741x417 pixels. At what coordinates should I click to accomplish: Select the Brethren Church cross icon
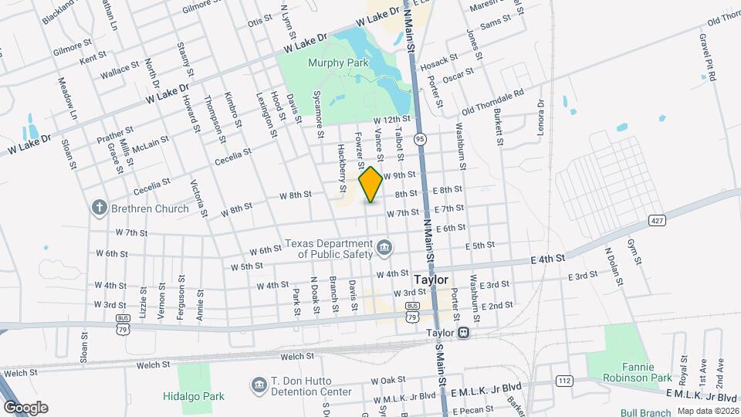click(x=99, y=208)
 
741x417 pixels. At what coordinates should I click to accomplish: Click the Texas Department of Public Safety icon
click(x=384, y=249)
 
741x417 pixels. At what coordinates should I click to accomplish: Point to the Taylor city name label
click(x=431, y=280)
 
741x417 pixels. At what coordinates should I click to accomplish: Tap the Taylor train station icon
click(x=463, y=334)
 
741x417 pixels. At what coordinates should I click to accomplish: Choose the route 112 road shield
click(x=563, y=381)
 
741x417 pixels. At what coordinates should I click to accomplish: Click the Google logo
click(x=25, y=407)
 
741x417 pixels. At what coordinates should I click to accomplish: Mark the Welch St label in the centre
click(x=297, y=356)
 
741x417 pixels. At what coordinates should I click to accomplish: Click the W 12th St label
click(x=391, y=120)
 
